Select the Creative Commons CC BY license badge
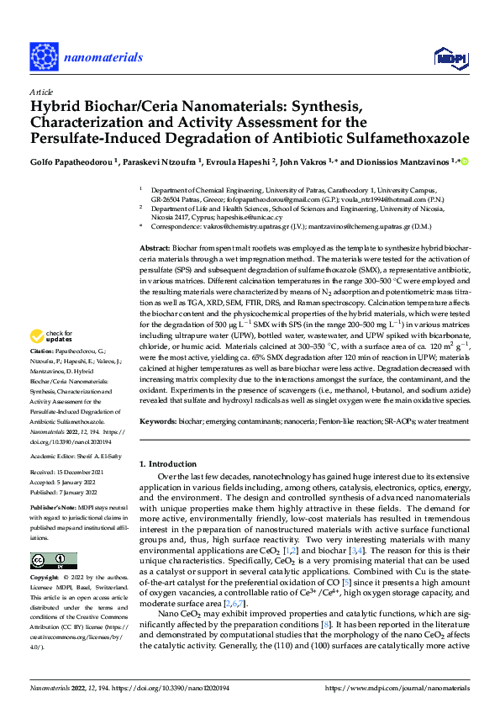[53, 561]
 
